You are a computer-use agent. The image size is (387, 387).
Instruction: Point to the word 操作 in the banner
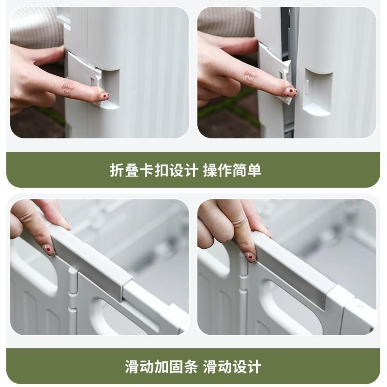click(x=217, y=170)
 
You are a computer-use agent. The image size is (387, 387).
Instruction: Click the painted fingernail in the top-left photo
click(x=104, y=96)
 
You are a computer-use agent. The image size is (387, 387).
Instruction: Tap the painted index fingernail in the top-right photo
click(x=290, y=91)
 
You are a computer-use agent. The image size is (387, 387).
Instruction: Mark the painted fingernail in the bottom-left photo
click(x=49, y=250)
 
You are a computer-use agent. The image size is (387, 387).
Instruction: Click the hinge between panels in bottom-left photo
click(x=73, y=300)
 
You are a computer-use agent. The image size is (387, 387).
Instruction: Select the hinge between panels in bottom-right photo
click(x=243, y=300)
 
